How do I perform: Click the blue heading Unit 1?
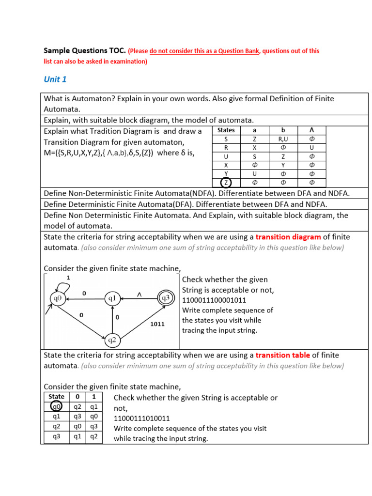pyautogui.click(x=55, y=79)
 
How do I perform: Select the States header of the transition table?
pyautogui.click(x=226, y=130)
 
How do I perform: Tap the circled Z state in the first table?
pyautogui.click(x=226, y=183)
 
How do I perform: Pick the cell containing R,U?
pyautogui.click(x=283, y=139)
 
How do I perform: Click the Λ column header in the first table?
pyautogui.click(x=312, y=130)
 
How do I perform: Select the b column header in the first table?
pyautogui.click(x=283, y=130)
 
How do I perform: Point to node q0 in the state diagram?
pyautogui.click(x=58, y=298)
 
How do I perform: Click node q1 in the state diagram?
pyautogui.click(x=112, y=299)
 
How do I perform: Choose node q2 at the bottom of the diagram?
pyautogui.click(x=112, y=340)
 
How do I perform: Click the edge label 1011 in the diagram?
pyautogui.click(x=158, y=324)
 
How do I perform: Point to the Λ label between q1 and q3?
pyautogui.click(x=139, y=294)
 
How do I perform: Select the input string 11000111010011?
pyautogui.click(x=142, y=418)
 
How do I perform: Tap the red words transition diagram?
pyautogui.click(x=288, y=237)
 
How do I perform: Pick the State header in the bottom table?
pyautogui.click(x=57, y=397)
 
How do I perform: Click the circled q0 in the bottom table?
pyautogui.click(x=56, y=407)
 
